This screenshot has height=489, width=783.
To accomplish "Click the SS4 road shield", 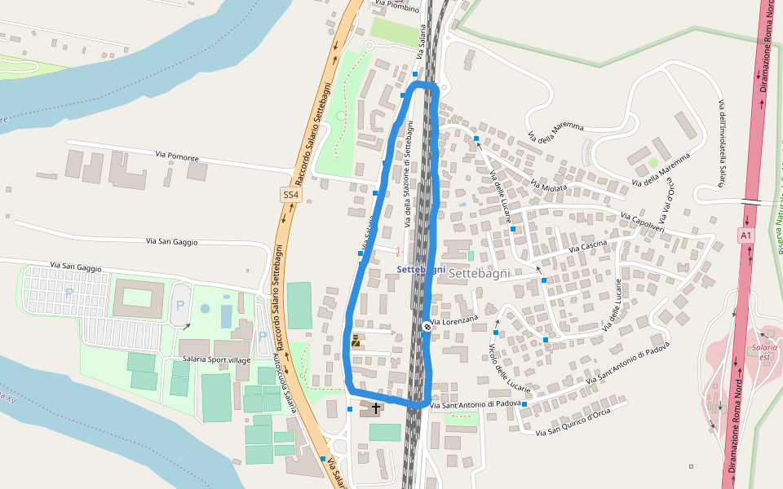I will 291,196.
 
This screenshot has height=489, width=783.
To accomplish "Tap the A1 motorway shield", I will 745,236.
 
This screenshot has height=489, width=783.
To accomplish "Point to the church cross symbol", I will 375,407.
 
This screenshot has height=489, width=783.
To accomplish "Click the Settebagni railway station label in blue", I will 421,270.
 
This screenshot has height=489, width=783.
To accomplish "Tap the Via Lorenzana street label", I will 454,322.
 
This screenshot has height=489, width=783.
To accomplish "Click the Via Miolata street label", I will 548,187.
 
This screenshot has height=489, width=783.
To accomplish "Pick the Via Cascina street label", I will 587,246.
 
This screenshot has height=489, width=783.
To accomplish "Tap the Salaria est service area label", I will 763,352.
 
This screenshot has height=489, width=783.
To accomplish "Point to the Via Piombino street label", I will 397,6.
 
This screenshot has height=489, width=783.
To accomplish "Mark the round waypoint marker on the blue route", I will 427,327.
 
